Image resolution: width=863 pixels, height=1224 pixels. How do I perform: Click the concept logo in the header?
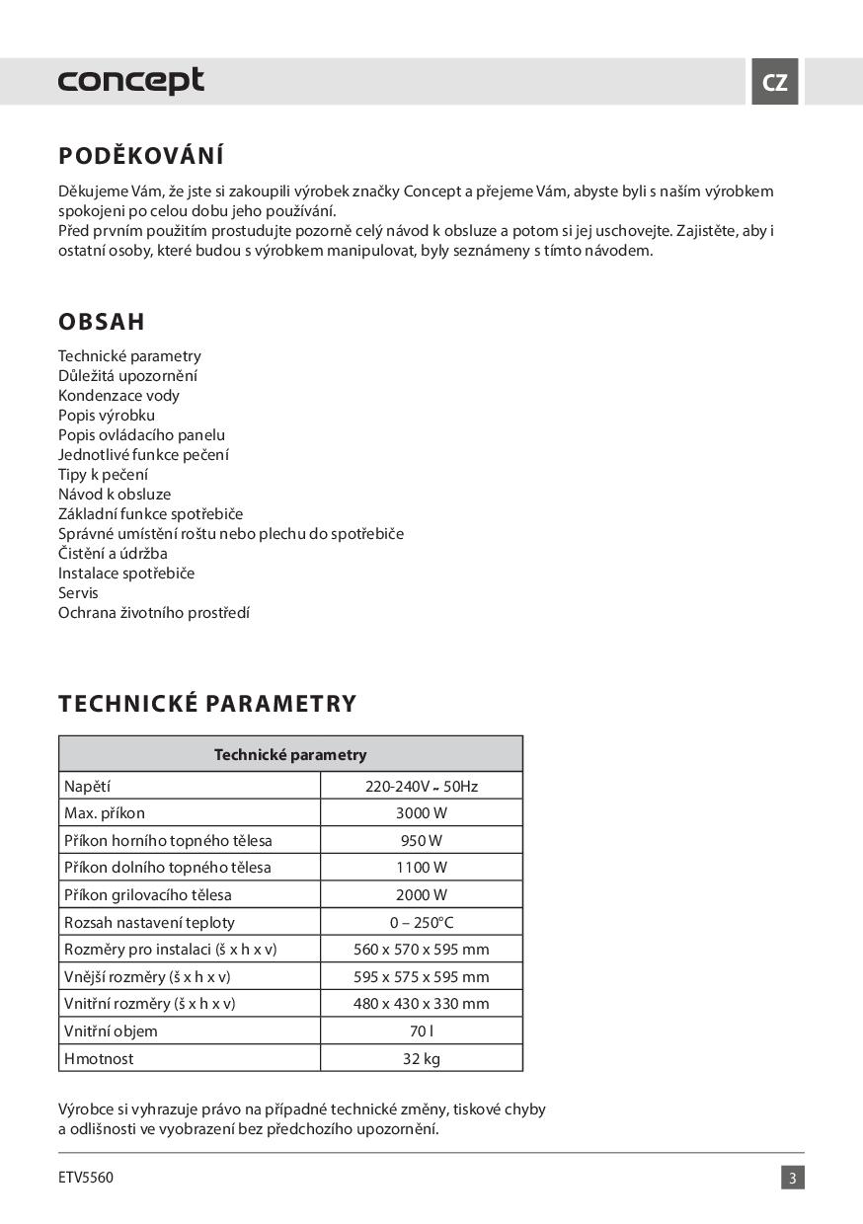tap(131, 81)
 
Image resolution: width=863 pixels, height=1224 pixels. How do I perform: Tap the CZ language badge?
tap(775, 82)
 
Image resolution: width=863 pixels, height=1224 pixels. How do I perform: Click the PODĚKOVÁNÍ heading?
tap(141, 156)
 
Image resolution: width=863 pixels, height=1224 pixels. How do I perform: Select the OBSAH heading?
tap(102, 322)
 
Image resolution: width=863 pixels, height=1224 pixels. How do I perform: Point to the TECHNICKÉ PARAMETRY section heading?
tap(207, 704)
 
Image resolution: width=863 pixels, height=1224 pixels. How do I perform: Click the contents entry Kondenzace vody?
tap(118, 396)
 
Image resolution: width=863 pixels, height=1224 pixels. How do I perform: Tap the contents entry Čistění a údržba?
tap(113, 554)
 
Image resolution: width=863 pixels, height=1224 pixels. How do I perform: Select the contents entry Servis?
tap(78, 593)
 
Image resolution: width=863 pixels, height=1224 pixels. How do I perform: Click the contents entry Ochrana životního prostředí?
tap(154, 613)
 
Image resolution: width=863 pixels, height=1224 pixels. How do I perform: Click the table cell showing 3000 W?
tap(422, 813)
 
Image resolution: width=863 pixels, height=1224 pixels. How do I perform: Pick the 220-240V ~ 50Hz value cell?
tap(422, 787)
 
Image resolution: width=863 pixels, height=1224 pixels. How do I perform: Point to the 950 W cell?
tap(422, 841)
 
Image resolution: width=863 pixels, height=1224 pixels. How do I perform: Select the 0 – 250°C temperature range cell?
tap(422, 923)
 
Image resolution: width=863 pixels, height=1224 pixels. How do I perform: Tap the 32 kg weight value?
tap(422, 1059)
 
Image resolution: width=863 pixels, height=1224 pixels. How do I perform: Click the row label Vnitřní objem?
tap(111, 1032)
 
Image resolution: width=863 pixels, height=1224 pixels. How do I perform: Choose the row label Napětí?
tap(88, 787)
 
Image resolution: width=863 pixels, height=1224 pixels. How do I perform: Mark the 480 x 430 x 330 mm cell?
tap(422, 1004)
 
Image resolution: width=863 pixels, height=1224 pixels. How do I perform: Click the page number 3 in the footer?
tap(793, 1178)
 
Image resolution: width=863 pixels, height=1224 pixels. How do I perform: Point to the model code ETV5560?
tap(86, 1178)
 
